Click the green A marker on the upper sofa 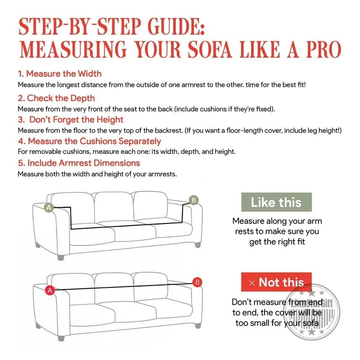coord(49,207)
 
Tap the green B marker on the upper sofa coord(193,200)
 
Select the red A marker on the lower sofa coord(50,290)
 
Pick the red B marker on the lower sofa coord(197,282)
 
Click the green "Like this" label coord(276,202)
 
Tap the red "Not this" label coord(276,282)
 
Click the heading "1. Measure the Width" coord(59,73)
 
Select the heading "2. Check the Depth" coord(56,98)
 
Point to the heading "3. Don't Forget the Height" coord(71,119)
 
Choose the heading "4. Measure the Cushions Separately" coord(90,141)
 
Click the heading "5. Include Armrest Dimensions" coord(79,163)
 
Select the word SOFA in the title coord(210,49)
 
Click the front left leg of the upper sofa coord(61,257)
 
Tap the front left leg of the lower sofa coord(61,338)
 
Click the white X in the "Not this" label coord(252,283)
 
